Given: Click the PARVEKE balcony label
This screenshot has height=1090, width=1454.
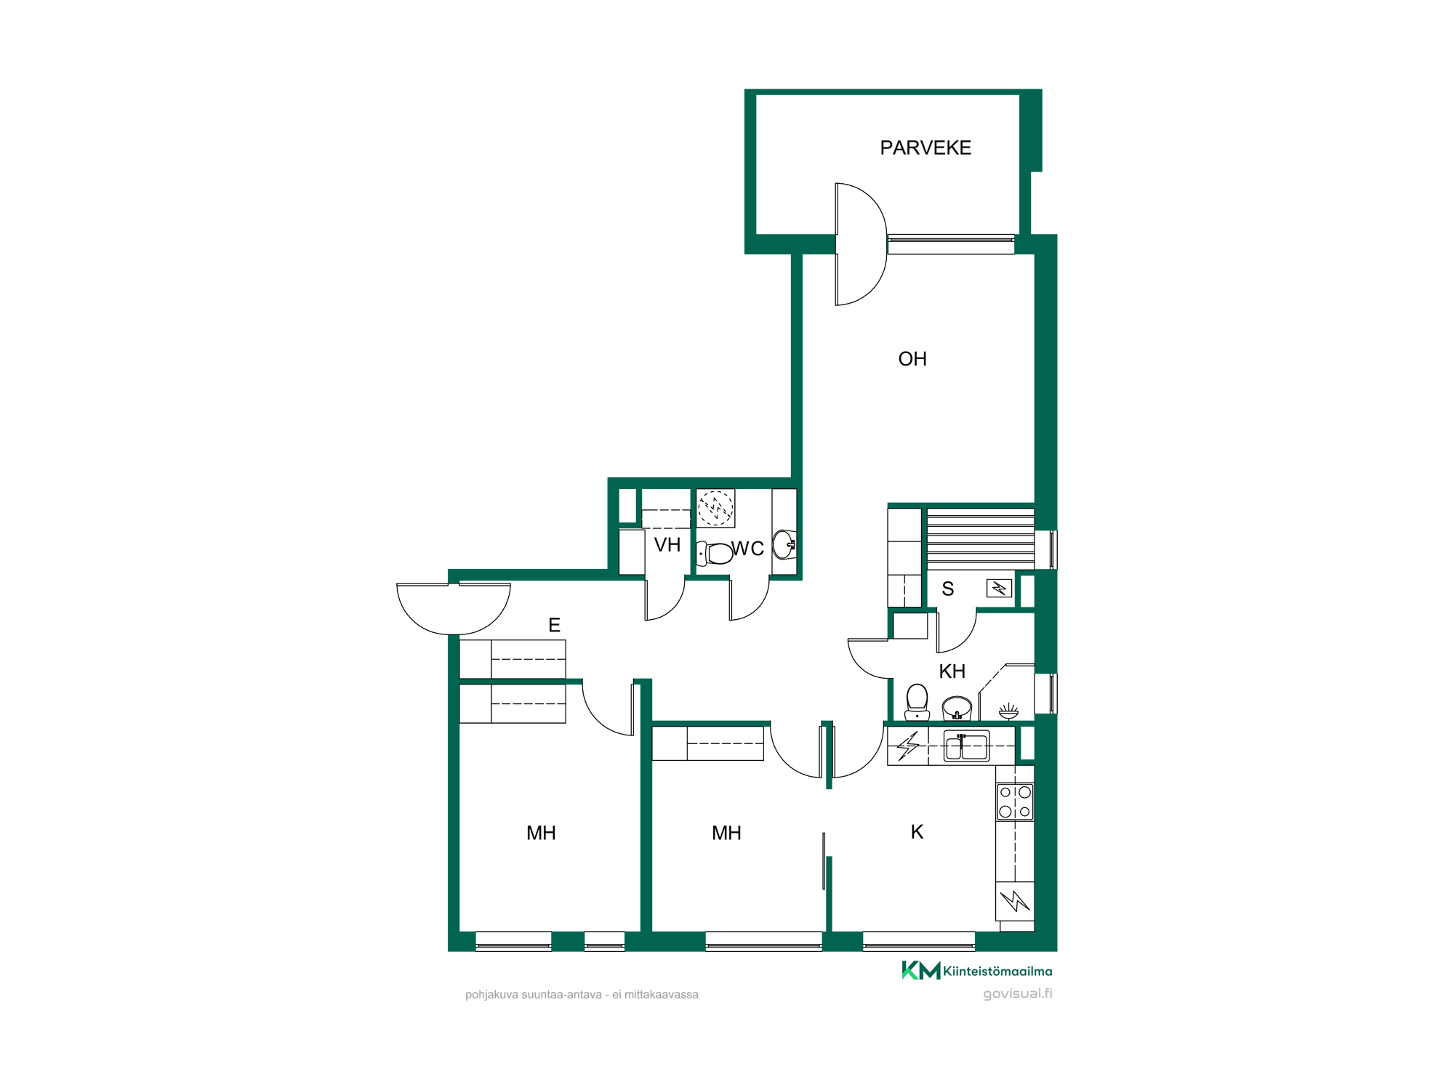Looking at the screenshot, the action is click(x=925, y=148).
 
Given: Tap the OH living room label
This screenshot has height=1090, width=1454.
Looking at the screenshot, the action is click(x=912, y=359).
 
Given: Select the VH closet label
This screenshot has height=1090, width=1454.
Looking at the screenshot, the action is click(x=667, y=545).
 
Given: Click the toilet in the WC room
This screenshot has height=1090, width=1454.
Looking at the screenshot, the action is click(x=715, y=554).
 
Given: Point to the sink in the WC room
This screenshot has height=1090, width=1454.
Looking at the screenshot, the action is click(x=784, y=544).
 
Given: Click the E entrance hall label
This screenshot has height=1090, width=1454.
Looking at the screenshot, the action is click(x=554, y=625).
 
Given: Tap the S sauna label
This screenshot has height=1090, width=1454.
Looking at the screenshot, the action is click(x=947, y=589).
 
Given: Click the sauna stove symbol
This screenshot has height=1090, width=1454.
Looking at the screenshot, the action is click(x=999, y=588).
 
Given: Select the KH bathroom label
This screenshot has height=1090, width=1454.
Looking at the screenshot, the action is click(x=952, y=671).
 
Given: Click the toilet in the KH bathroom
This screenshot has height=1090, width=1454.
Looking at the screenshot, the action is click(x=917, y=702).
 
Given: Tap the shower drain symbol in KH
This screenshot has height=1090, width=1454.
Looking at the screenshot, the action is click(x=1008, y=711).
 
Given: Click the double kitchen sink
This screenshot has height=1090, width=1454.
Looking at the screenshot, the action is click(x=966, y=746).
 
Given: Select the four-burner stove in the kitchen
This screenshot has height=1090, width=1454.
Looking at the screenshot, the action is click(x=1015, y=802).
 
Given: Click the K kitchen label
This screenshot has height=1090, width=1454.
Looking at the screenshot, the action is click(x=917, y=832).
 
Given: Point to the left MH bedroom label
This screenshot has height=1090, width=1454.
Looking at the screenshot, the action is click(x=541, y=833).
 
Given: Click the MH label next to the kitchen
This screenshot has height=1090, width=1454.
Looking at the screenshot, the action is click(x=726, y=833).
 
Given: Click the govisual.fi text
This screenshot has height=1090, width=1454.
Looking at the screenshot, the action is click(x=1017, y=993).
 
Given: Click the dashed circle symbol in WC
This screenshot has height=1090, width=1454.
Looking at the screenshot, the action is click(x=715, y=508).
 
